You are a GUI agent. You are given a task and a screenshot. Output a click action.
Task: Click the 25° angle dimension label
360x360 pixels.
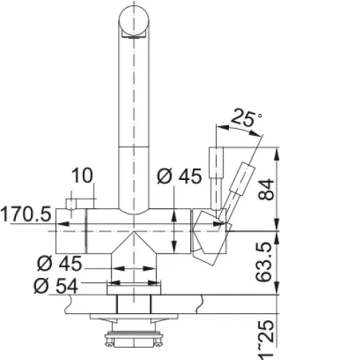click(246, 118)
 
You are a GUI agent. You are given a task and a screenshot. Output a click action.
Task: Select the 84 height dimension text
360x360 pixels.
click(266, 189)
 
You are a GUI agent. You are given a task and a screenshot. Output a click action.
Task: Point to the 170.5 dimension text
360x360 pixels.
click(26, 214)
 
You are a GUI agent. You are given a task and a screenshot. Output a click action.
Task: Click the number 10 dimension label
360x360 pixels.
click(82, 176)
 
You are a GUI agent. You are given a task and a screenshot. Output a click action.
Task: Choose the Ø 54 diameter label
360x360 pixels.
click(56, 286)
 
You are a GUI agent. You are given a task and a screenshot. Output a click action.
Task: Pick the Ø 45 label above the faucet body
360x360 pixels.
click(179, 176)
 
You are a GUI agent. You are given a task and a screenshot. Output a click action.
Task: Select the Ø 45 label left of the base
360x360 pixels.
click(60, 264)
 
